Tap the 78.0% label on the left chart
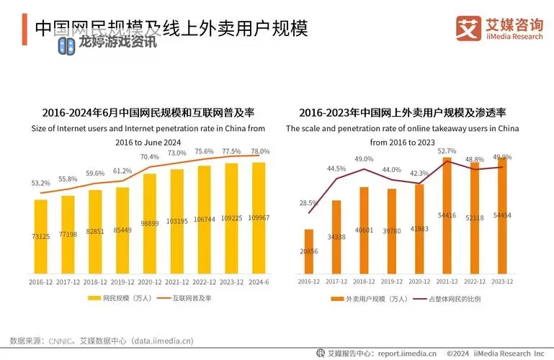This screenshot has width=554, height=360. click(x=259, y=151)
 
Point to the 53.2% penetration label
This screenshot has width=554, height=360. click(x=40, y=184)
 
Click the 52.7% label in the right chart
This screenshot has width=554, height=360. click(x=447, y=150)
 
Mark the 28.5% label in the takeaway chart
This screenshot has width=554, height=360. click(x=309, y=203)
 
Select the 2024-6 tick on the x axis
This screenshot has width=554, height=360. click(x=259, y=282)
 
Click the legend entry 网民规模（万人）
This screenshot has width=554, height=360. click(x=119, y=297)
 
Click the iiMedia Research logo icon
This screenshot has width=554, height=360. click(x=468, y=28)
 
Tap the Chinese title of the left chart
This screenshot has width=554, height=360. click(x=148, y=113)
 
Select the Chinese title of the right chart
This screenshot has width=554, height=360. click(x=403, y=113)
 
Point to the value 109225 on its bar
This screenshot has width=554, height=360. click(x=232, y=217)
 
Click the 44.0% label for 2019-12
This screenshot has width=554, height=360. click(x=392, y=170)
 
